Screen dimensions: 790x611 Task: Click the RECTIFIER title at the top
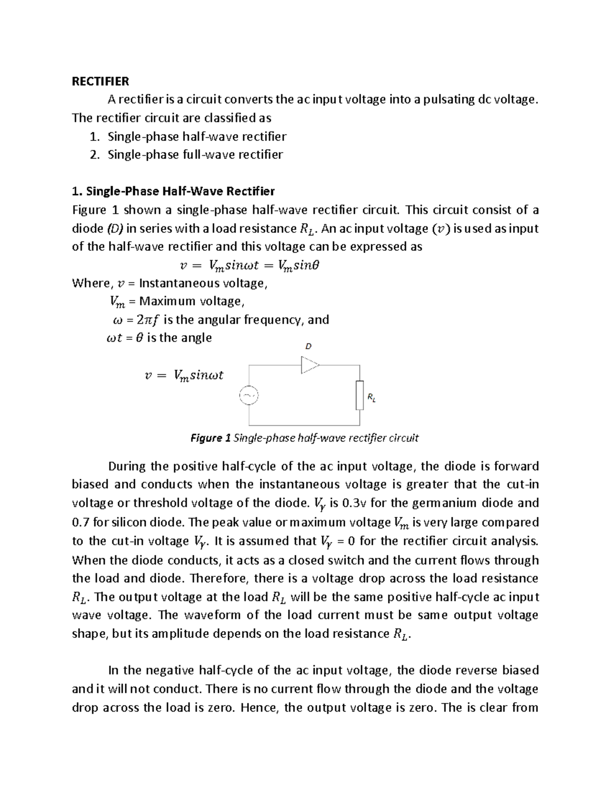coord(100,81)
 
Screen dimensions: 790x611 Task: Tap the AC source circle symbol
coord(249,395)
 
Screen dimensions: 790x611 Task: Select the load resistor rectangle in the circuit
coord(359,395)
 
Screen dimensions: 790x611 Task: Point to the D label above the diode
coord(308,346)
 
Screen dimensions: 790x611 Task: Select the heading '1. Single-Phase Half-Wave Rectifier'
coord(173,191)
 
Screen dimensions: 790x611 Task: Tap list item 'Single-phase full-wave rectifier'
coord(195,155)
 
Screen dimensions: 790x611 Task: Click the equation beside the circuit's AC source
coord(184,376)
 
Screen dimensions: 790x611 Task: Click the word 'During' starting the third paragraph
coord(127,466)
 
